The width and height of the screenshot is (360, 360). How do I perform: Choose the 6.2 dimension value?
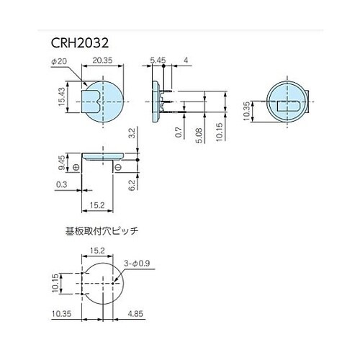(x=132, y=185)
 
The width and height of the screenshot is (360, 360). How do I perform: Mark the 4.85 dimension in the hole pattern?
(x=135, y=314)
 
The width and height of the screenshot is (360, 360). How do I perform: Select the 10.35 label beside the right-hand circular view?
(x=247, y=112)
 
